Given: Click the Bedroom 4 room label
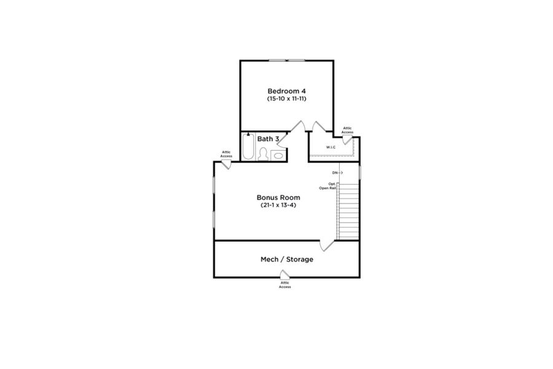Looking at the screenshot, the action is pos(286,91).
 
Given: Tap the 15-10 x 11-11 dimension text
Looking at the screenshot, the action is pos(286,99).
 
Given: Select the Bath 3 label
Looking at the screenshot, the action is pos(268,139).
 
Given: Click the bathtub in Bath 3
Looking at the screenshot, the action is pos(248,146).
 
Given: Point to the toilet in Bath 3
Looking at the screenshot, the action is pos(263,154).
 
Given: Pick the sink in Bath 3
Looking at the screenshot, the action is pos(278,156).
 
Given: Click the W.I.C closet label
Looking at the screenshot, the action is pos(331,147).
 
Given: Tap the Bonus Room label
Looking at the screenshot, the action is pos(278,197).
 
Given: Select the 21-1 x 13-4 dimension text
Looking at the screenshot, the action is pos(278,205).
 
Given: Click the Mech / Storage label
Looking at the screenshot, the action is pos(287,259).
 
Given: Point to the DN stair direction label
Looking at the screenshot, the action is pos(335,173).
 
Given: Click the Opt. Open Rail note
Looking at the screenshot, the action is pos(328,186).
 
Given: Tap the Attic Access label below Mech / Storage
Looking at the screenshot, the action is pos(285,285).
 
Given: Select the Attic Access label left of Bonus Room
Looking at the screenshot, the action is pos(226,154).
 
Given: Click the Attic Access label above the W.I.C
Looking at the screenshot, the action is pos(347,130).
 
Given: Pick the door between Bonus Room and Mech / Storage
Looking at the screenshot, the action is pos(327,245).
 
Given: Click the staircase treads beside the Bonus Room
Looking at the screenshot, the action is pos(348,211).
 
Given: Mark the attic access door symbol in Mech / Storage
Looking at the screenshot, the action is pos(284,274).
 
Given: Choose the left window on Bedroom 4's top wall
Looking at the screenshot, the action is pos(277,60).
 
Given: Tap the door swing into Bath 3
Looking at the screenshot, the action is pos(283,140).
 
